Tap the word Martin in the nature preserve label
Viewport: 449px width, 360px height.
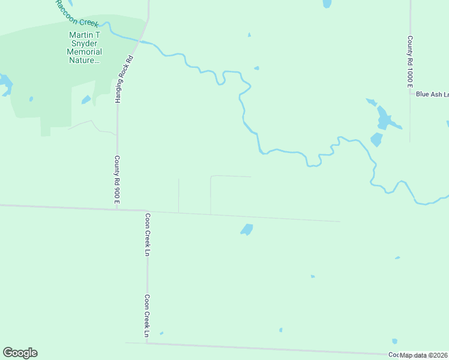pos(80,35)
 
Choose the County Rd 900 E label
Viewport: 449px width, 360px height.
pos(118,179)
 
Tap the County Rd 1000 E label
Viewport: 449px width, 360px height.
pos(410,62)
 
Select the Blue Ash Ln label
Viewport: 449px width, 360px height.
pos(432,94)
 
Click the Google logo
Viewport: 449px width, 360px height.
pos(20,353)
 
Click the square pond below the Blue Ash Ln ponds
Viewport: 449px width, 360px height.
pos(376,140)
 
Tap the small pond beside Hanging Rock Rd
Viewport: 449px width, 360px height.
pos(86,100)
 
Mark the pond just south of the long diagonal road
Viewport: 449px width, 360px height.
pos(246,229)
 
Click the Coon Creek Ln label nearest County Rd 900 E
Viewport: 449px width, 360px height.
pos(147,235)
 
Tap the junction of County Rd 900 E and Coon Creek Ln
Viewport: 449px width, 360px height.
pos(146,210)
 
